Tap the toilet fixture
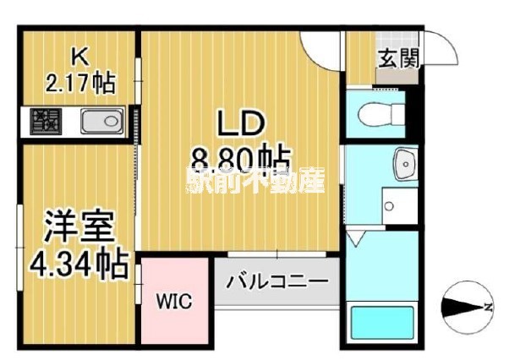373,112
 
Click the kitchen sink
102,122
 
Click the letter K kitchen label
79,57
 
